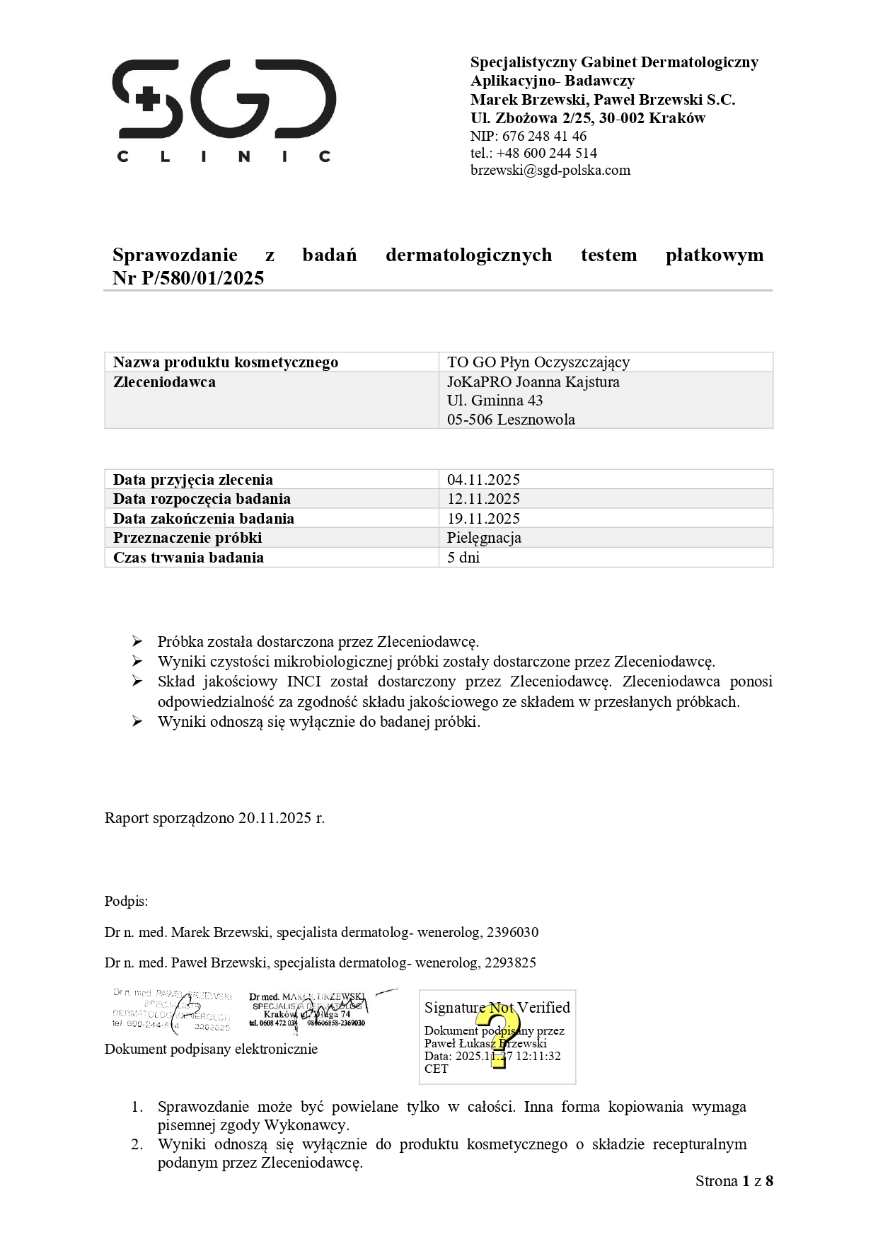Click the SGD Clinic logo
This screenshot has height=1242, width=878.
(x=224, y=110)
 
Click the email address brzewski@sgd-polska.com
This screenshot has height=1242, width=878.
(x=550, y=170)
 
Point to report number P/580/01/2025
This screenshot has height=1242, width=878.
(x=202, y=278)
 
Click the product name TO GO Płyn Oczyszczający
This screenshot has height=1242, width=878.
(x=538, y=362)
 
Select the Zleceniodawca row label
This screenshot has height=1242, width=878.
(x=164, y=382)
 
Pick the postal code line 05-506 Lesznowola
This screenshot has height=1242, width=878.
(x=511, y=419)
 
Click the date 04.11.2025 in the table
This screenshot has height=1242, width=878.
(x=483, y=479)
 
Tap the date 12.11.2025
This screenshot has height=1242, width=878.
(x=483, y=499)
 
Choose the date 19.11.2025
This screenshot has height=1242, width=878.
(x=483, y=518)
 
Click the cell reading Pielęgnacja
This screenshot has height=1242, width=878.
(x=484, y=538)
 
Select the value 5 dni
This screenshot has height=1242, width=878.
(x=463, y=558)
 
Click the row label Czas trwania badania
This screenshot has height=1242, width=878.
(x=188, y=558)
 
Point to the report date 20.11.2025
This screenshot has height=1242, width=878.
(x=275, y=818)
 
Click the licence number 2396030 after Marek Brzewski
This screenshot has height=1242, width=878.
(x=512, y=932)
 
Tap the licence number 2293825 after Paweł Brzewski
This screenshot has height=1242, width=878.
(x=509, y=962)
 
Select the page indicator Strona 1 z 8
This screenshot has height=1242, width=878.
(x=734, y=1180)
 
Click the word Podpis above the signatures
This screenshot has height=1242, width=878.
(x=126, y=901)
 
